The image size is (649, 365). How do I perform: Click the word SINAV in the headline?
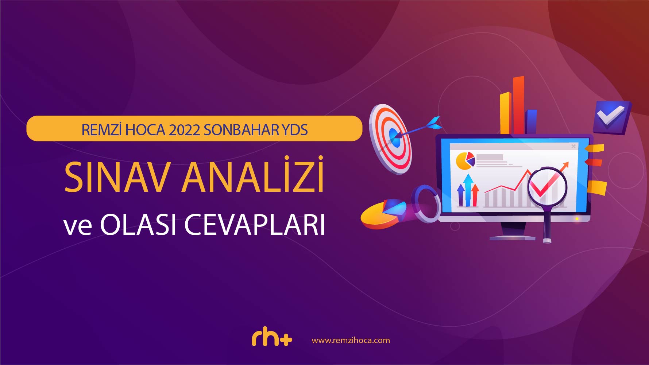116,177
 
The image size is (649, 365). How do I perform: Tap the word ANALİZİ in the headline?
253,174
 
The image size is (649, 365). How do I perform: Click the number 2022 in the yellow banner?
184,130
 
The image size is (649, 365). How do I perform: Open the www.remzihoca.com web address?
351,340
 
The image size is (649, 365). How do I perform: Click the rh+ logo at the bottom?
272,338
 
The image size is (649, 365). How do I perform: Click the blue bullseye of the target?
393,136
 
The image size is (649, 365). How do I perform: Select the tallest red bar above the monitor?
518,105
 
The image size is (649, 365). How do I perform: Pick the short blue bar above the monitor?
532,122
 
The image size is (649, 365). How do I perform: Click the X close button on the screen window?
573,146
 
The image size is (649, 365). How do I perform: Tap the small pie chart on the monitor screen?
465,161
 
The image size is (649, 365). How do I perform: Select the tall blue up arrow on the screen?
468,190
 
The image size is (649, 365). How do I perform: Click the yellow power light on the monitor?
577,219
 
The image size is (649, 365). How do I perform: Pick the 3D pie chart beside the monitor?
383,214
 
